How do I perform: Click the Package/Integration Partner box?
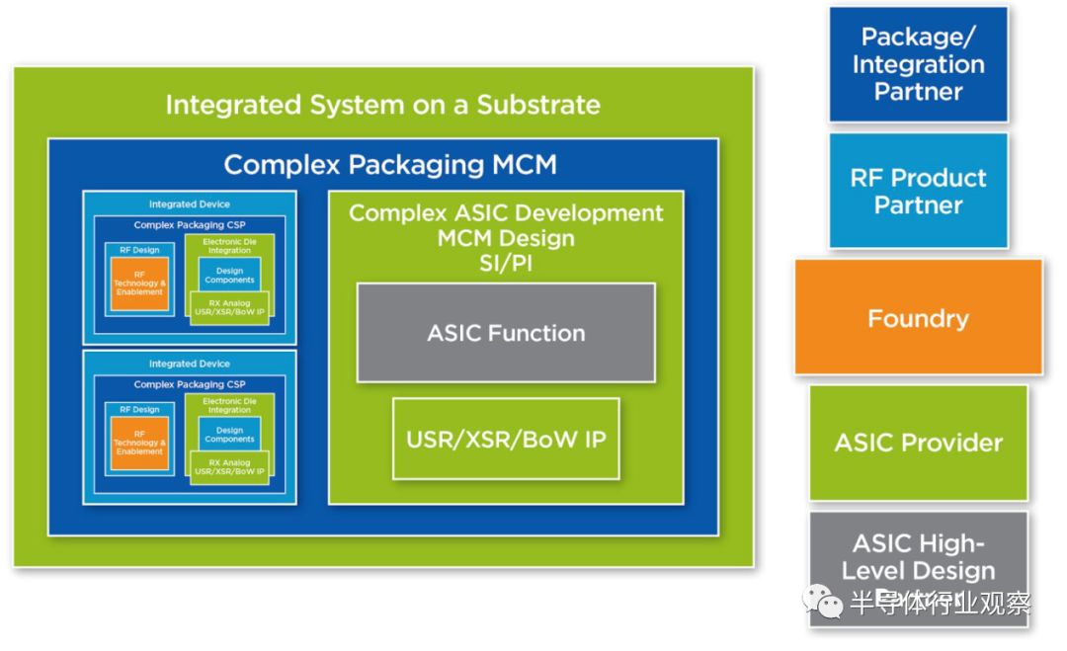coord(918,65)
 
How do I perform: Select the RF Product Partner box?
coord(918,192)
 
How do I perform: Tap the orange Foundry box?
coord(918,318)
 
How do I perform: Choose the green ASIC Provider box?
coord(918,443)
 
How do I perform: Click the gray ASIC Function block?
coord(506,333)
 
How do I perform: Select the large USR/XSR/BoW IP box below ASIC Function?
coord(506,438)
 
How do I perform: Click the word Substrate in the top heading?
coord(537,105)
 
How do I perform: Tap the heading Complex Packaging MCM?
coord(389,164)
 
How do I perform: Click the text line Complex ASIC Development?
coord(506,213)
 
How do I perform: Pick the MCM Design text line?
coord(506,238)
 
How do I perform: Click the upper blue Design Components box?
coord(229,275)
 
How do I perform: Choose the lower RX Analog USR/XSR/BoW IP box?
coord(229,467)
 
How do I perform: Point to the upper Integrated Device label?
coord(189,204)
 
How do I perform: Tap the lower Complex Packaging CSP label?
coord(189,384)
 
